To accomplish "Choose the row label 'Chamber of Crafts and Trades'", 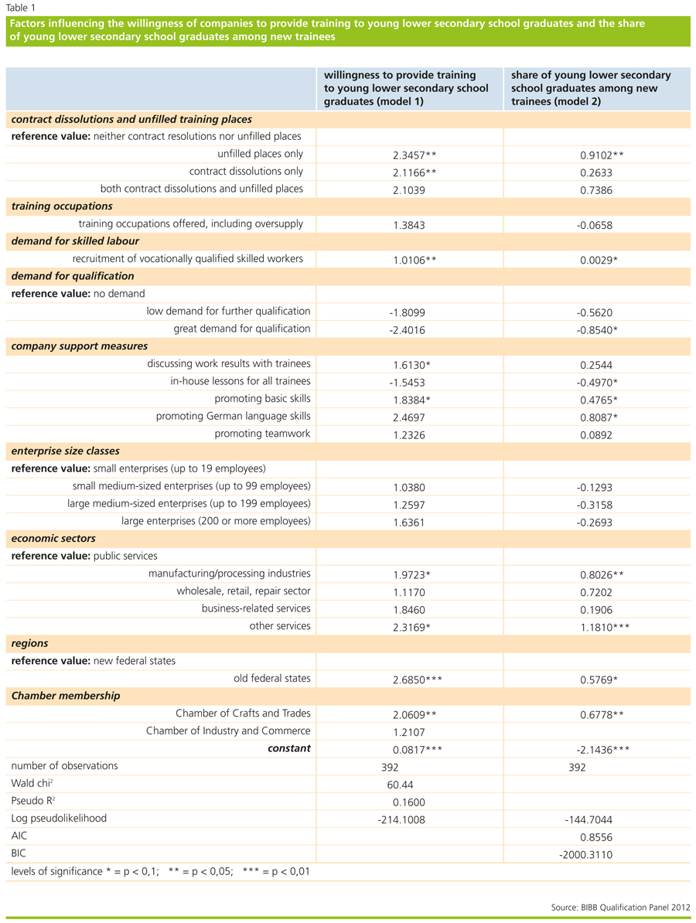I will (x=243, y=713).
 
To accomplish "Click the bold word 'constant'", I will (x=288, y=748).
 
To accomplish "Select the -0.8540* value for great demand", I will (x=599, y=329).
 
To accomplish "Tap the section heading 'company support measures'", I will (x=80, y=346).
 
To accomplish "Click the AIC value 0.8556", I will (x=596, y=836).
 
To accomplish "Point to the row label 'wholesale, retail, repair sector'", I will (x=244, y=591).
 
